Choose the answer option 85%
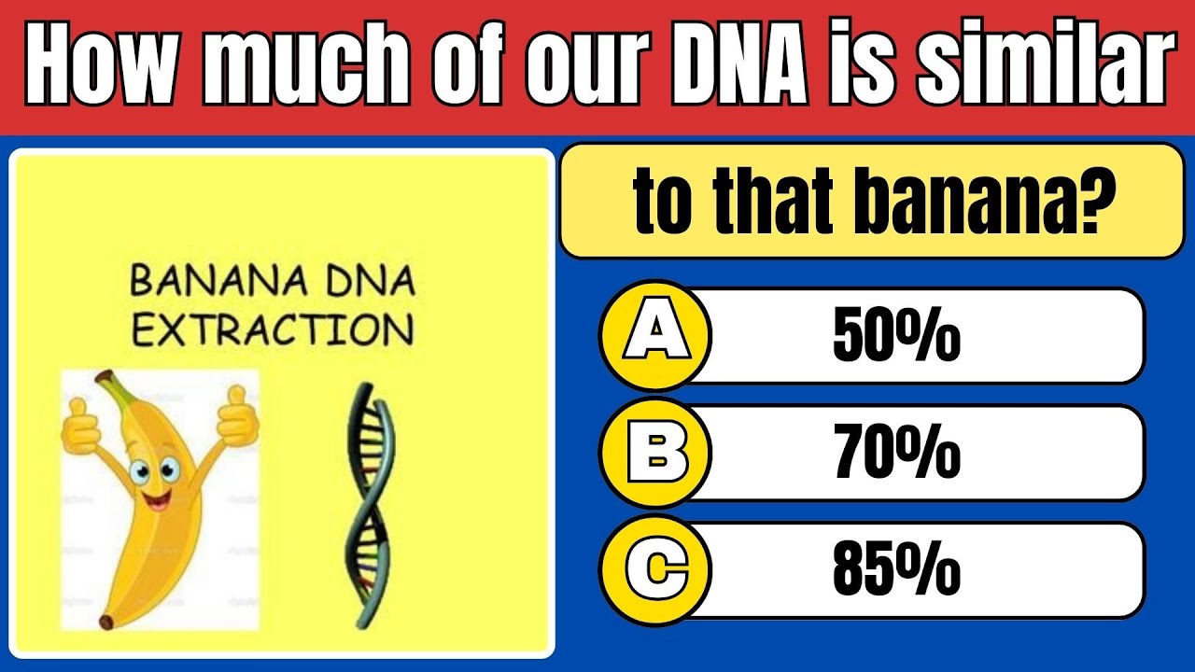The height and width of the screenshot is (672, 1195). point(896,569)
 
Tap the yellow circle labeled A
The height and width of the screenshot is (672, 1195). point(654,336)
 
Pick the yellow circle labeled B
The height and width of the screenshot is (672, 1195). point(654,453)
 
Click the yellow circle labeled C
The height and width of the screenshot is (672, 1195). point(654,569)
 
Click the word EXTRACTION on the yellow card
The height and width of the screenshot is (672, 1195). point(271,329)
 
